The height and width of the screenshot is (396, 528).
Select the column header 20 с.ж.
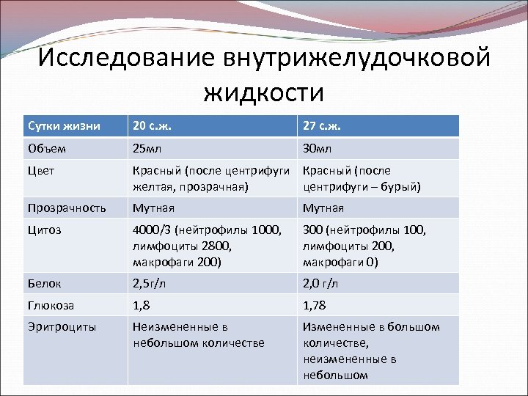155,125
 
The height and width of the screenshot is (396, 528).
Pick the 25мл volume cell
149,148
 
